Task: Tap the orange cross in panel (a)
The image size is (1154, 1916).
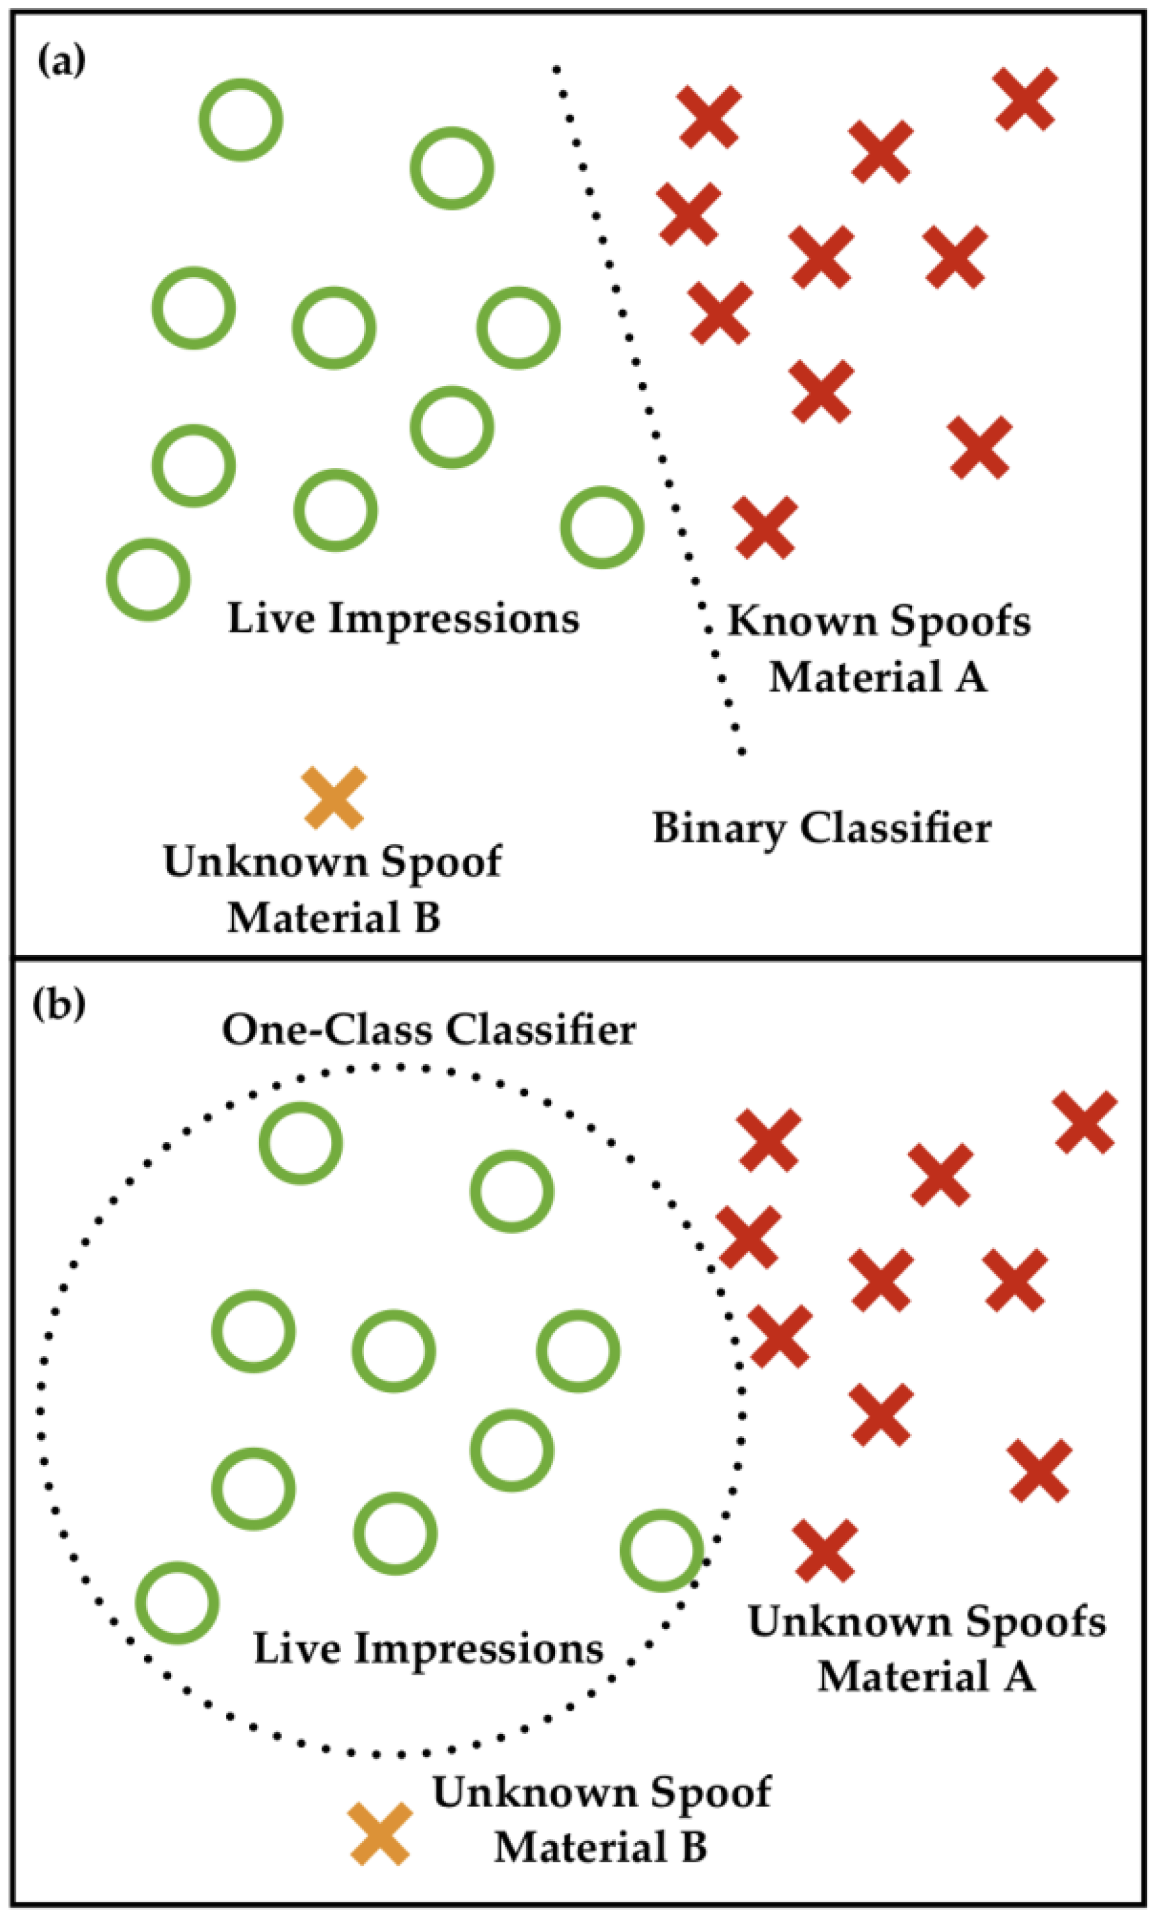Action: [334, 798]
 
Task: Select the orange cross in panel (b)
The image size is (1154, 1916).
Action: [380, 1834]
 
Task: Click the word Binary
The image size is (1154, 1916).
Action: [718, 829]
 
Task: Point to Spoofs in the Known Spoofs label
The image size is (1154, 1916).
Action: [961, 622]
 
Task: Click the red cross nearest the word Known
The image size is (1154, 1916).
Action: [766, 528]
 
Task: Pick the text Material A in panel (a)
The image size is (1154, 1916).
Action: [878, 677]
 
